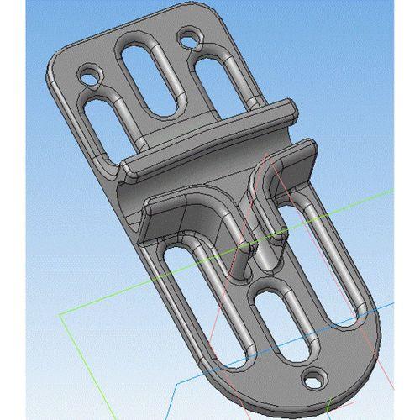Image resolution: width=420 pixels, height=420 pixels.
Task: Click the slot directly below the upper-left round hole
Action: (x=95, y=126)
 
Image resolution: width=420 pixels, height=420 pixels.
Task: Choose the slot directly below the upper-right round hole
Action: (x=220, y=84)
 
